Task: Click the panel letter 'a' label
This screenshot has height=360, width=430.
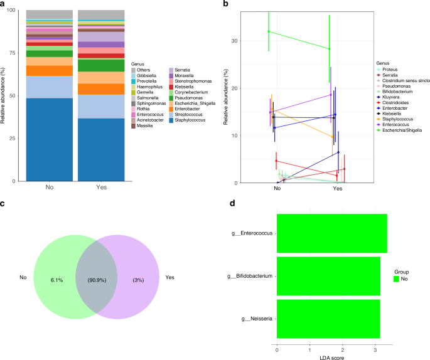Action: click(3, 4)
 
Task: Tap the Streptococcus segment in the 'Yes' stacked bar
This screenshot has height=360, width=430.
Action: click(100, 106)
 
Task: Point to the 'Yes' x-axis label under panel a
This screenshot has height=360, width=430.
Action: click(100, 188)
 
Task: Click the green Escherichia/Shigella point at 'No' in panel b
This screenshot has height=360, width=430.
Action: click(269, 31)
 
